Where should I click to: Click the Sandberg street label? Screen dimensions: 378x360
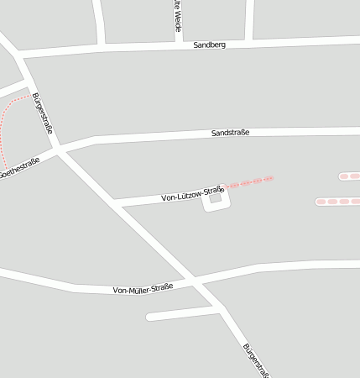(x=209, y=44)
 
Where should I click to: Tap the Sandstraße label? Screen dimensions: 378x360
(x=231, y=133)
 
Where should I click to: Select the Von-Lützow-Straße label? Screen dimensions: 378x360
(x=192, y=194)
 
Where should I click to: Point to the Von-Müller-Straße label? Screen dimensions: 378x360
(x=143, y=288)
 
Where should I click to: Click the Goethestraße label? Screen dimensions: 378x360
(x=18, y=168)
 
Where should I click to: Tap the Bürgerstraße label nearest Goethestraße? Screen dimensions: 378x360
(x=43, y=114)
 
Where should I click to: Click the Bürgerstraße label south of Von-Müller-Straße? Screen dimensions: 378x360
(x=255, y=360)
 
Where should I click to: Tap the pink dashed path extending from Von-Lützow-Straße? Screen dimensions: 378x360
(x=249, y=181)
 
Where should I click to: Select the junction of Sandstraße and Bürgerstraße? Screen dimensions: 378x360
(x=59, y=149)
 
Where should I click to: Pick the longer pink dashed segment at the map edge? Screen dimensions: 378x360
(x=337, y=202)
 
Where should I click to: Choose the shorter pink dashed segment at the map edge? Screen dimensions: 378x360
(x=349, y=176)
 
